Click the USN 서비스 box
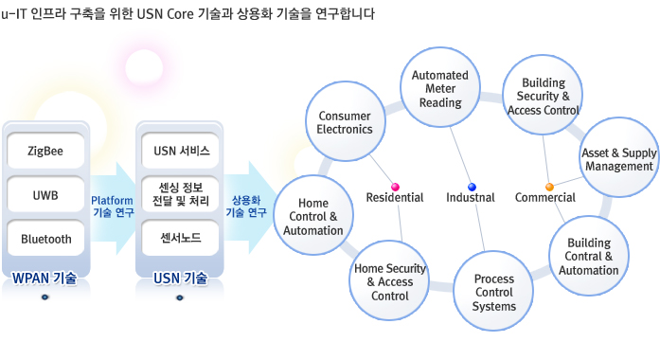[x=181, y=151]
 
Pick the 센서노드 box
[x=181, y=239]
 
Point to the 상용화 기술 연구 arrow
[x=248, y=206]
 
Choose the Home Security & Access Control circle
[x=390, y=281]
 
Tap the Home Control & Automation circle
[x=313, y=217]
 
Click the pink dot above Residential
[x=395, y=186]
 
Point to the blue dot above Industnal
[x=472, y=186]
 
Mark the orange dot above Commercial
[x=549, y=186]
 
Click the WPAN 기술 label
[x=45, y=278]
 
